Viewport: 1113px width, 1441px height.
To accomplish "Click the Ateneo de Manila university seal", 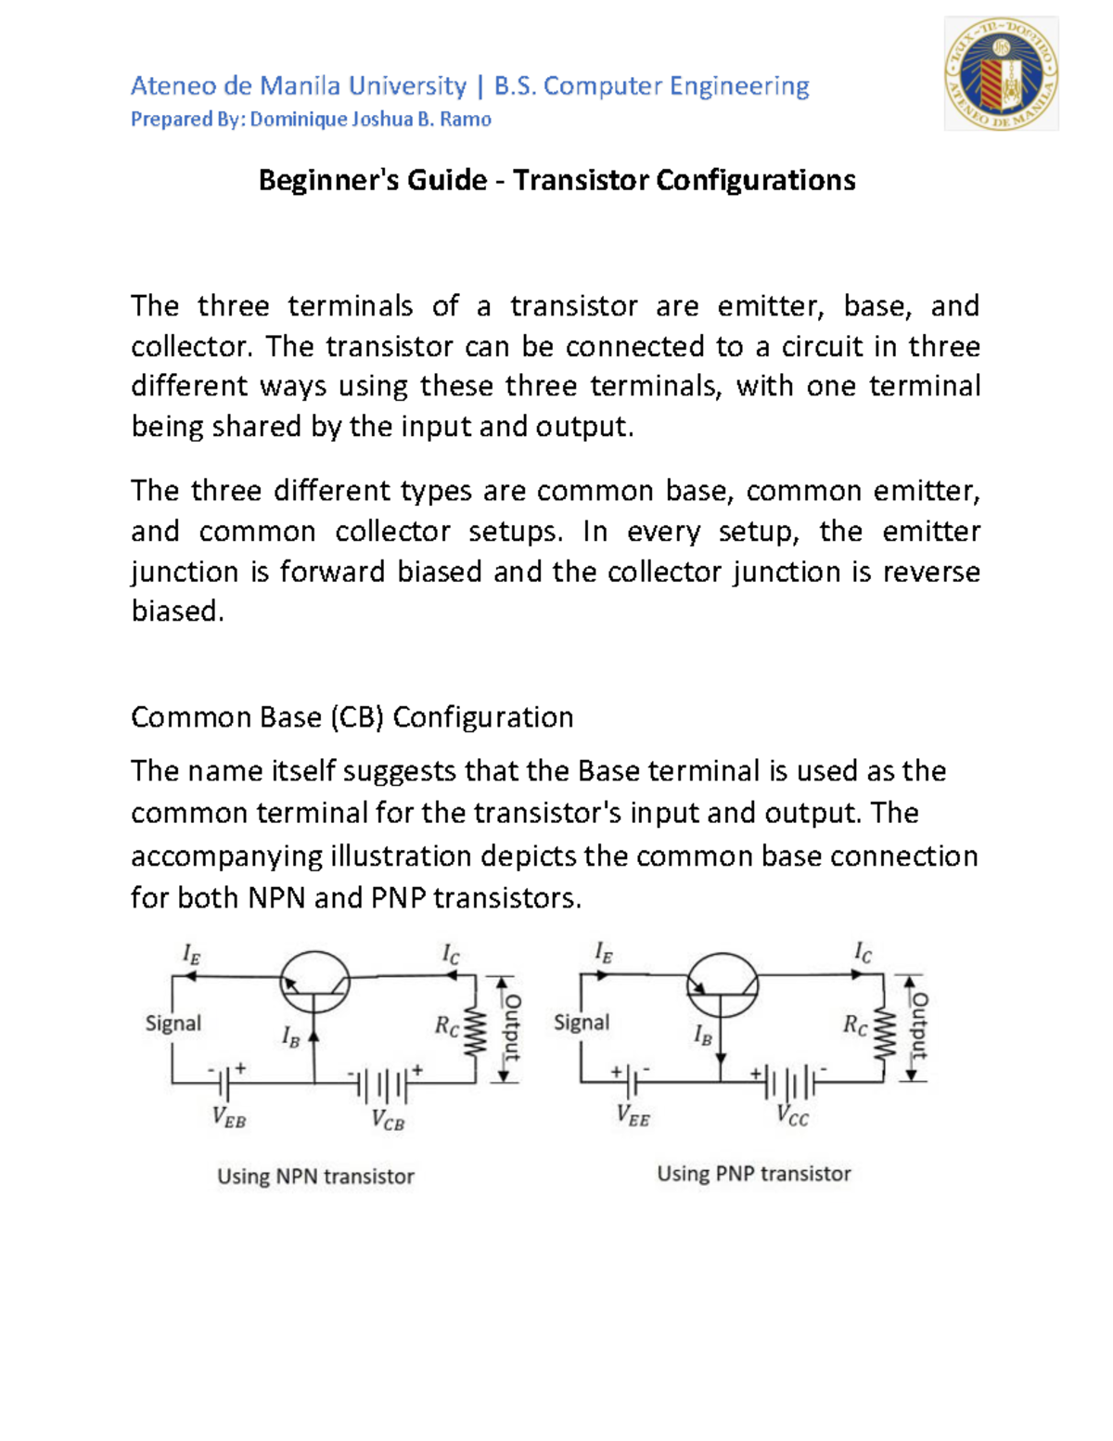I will tap(1001, 73).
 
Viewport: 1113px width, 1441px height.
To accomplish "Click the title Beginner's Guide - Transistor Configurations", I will tap(556, 180).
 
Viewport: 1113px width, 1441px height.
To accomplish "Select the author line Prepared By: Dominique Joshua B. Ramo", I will tap(311, 120).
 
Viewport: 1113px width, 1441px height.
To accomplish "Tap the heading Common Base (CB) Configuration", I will tap(352, 717).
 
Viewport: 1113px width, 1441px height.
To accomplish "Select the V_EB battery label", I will tap(229, 1117).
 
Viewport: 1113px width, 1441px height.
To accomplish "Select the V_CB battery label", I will tap(388, 1120).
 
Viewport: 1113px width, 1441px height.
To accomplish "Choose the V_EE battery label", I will tap(633, 1116).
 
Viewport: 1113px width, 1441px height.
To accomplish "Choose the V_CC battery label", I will tap(793, 1116).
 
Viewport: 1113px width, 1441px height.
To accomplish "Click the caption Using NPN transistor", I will tap(315, 1177).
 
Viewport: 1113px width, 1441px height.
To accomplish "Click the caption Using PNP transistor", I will tap(753, 1174).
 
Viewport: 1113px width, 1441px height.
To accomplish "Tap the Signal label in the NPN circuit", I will tap(173, 1023).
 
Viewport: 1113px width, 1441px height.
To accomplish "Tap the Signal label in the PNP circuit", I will tap(582, 1023).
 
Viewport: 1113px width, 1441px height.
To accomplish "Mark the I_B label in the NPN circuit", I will tap(290, 1037).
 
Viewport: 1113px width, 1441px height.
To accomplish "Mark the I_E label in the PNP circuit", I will tap(603, 953).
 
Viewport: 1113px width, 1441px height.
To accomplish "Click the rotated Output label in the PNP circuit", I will tap(919, 1026).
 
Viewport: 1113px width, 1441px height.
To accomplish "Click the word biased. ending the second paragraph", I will tap(177, 611).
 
